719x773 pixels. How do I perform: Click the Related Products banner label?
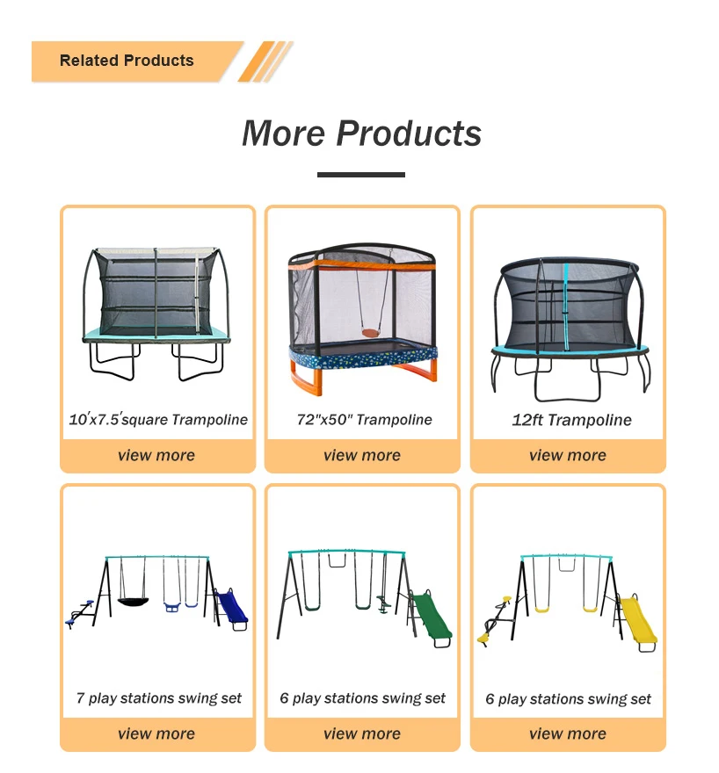127,61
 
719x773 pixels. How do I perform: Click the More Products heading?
361,133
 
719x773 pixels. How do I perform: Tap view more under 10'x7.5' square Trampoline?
156,455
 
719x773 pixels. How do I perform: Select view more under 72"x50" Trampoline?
362,455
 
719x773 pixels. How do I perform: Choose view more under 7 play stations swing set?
156,733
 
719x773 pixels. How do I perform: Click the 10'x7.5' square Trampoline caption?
158,420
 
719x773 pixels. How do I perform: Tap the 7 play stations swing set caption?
159,698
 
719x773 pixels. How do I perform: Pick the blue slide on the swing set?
232,608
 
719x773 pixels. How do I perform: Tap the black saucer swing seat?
135,603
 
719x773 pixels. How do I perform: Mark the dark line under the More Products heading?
360,175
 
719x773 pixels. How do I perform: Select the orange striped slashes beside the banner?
265,61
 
